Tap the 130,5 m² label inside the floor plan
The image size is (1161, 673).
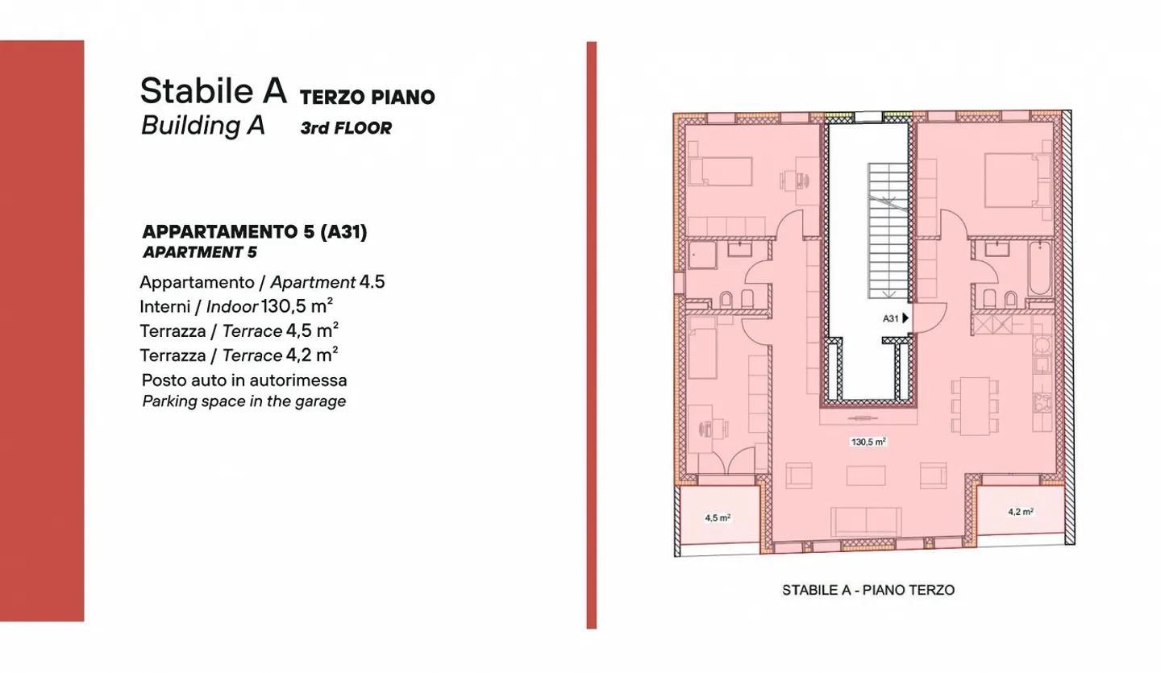tap(868, 442)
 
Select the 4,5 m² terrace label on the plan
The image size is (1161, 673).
tap(717, 518)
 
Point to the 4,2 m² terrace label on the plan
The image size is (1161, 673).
tap(1021, 511)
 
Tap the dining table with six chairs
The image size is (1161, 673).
tap(974, 404)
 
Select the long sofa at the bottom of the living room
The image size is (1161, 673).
tap(868, 521)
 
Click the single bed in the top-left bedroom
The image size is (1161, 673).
tap(725, 171)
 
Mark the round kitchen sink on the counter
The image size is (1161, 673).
tap(1042, 346)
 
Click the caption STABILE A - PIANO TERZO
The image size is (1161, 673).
tap(868, 590)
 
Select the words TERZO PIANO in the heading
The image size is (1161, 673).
tap(367, 98)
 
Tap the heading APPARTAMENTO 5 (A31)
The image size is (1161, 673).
tap(254, 232)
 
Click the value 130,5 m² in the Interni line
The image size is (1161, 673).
tap(298, 306)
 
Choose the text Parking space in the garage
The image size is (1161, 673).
tap(243, 401)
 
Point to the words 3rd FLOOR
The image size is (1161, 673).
tap(345, 128)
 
